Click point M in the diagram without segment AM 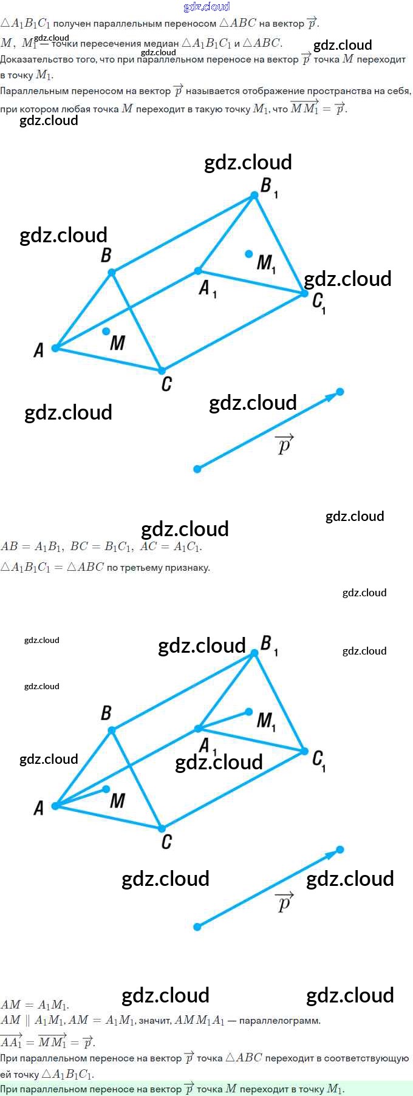tap(106, 331)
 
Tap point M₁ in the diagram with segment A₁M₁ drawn tap(249, 711)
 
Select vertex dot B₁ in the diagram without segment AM tap(255, 195)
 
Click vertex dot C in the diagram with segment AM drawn tap(162, 828)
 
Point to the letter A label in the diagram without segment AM tap(39, 350)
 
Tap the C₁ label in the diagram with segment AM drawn tap(319, 760)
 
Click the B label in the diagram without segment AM tap(106, 255)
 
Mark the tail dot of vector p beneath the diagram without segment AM tap(197, 469)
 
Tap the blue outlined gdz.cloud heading tap(206, 7)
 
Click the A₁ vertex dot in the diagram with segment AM tap(198, 728)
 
